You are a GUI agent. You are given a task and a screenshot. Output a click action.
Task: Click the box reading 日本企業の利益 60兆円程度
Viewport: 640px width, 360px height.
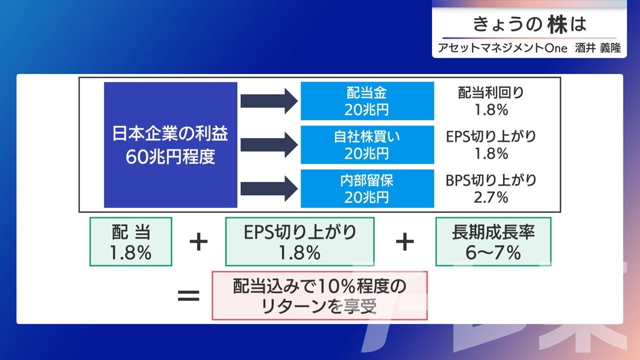[170, 144]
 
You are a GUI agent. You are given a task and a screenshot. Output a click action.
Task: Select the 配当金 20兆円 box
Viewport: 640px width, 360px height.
[367, 101]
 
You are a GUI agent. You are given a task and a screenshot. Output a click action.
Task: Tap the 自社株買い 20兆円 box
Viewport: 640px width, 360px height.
[367, 144]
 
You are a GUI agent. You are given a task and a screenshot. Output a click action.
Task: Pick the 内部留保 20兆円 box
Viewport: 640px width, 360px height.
[367, 188]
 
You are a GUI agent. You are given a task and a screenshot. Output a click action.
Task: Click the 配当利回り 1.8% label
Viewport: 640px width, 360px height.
[491, 101]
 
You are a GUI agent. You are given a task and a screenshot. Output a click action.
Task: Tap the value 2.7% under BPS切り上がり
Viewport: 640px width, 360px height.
[491, 197]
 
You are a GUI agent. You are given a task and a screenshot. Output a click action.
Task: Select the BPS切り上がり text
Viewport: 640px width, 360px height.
[491, 180]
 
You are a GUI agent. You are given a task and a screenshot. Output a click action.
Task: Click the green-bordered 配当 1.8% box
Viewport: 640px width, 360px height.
[131, 241]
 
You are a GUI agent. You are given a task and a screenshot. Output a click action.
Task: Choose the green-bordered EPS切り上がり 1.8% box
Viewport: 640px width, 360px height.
[299, 241]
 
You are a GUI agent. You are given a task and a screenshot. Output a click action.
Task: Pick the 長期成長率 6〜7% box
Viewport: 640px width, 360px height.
[493, 241]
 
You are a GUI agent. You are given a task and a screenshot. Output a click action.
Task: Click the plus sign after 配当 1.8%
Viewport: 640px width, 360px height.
[198, 242]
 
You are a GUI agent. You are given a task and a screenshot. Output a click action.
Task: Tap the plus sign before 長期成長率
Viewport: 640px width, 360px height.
[405, 242]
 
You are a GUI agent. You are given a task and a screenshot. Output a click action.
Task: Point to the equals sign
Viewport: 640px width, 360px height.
[189, 295]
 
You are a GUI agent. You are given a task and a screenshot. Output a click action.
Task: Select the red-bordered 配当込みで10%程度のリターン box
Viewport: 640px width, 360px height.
[319, 295]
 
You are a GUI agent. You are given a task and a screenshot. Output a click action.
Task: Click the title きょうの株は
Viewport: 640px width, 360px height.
[529, 24]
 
